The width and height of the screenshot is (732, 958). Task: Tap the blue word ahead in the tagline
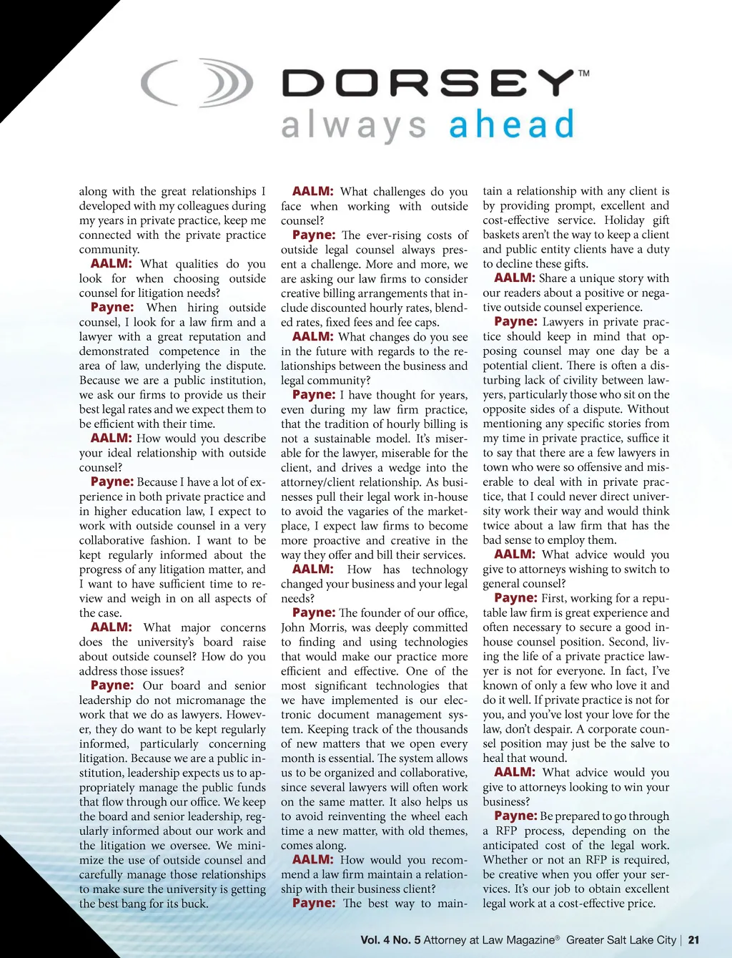click(511, 125)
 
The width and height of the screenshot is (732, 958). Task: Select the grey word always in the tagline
click(354, 127)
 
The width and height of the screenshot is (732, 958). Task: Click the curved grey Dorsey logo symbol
click(197, 82)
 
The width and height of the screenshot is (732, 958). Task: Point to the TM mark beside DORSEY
click(584, 73)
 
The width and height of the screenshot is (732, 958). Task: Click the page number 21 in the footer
click(693, 940)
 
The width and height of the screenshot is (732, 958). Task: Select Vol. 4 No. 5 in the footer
click(390, 940)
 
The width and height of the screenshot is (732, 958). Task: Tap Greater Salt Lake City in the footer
click(620, 940)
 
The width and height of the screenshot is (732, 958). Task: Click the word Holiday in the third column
click(624, 220)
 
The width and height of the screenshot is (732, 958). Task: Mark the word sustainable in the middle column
click(338, 439)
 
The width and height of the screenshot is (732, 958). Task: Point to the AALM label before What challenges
click(312, 191)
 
